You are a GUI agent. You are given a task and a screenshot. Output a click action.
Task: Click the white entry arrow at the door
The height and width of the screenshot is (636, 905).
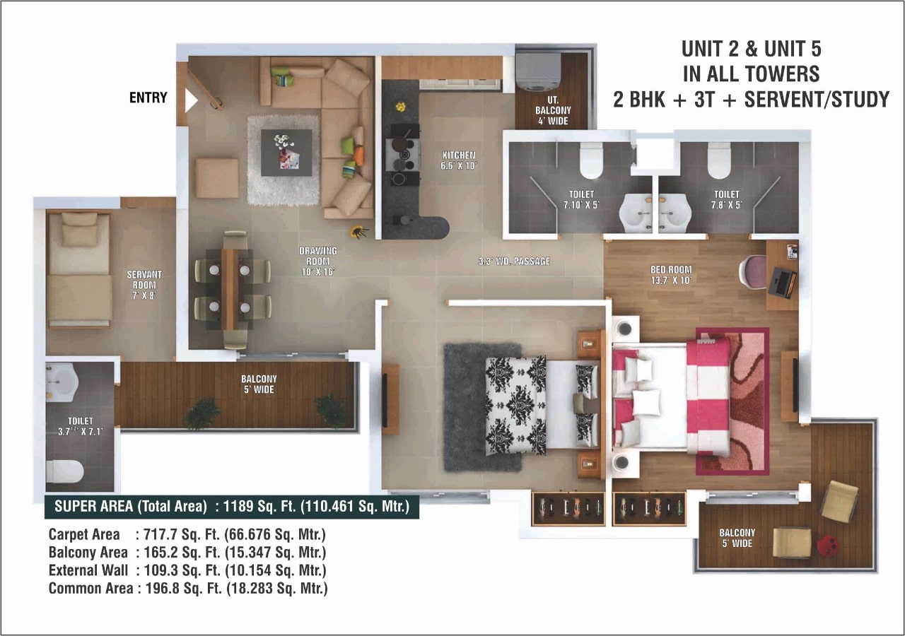(190, 100)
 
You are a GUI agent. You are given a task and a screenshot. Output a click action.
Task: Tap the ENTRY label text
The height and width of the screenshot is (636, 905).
(148, 98)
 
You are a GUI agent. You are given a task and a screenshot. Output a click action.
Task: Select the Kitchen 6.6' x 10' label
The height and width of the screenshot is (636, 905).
(459, 160)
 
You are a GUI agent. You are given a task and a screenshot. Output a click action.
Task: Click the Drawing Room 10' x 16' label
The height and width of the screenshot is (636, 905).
(318, 261)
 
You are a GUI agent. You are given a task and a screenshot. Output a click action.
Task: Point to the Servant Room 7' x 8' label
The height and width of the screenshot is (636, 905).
(144, 285)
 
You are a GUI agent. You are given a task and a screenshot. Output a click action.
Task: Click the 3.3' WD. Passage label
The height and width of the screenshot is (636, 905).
(514, 261)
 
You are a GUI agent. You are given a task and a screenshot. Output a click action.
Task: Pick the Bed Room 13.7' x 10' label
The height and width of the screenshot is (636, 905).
(671, 275)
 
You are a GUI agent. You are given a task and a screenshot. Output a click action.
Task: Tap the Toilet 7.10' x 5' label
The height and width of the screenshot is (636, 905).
(581, 199)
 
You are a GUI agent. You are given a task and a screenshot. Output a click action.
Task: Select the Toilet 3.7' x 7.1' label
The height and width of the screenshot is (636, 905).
(81, 426)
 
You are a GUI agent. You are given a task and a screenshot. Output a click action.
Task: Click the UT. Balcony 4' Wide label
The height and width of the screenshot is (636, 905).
(553, 110)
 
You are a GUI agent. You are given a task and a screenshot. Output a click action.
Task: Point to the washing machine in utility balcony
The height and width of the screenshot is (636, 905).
(539, 71)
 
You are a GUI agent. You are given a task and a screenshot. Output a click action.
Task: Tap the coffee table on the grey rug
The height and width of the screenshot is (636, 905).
(286, 153)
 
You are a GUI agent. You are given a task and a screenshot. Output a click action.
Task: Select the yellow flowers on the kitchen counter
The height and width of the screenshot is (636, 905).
(400, 107)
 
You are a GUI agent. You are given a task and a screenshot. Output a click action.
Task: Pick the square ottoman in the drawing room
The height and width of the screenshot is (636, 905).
(217, 178)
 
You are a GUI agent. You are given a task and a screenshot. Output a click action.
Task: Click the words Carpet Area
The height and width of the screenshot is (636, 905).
(84, 534)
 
